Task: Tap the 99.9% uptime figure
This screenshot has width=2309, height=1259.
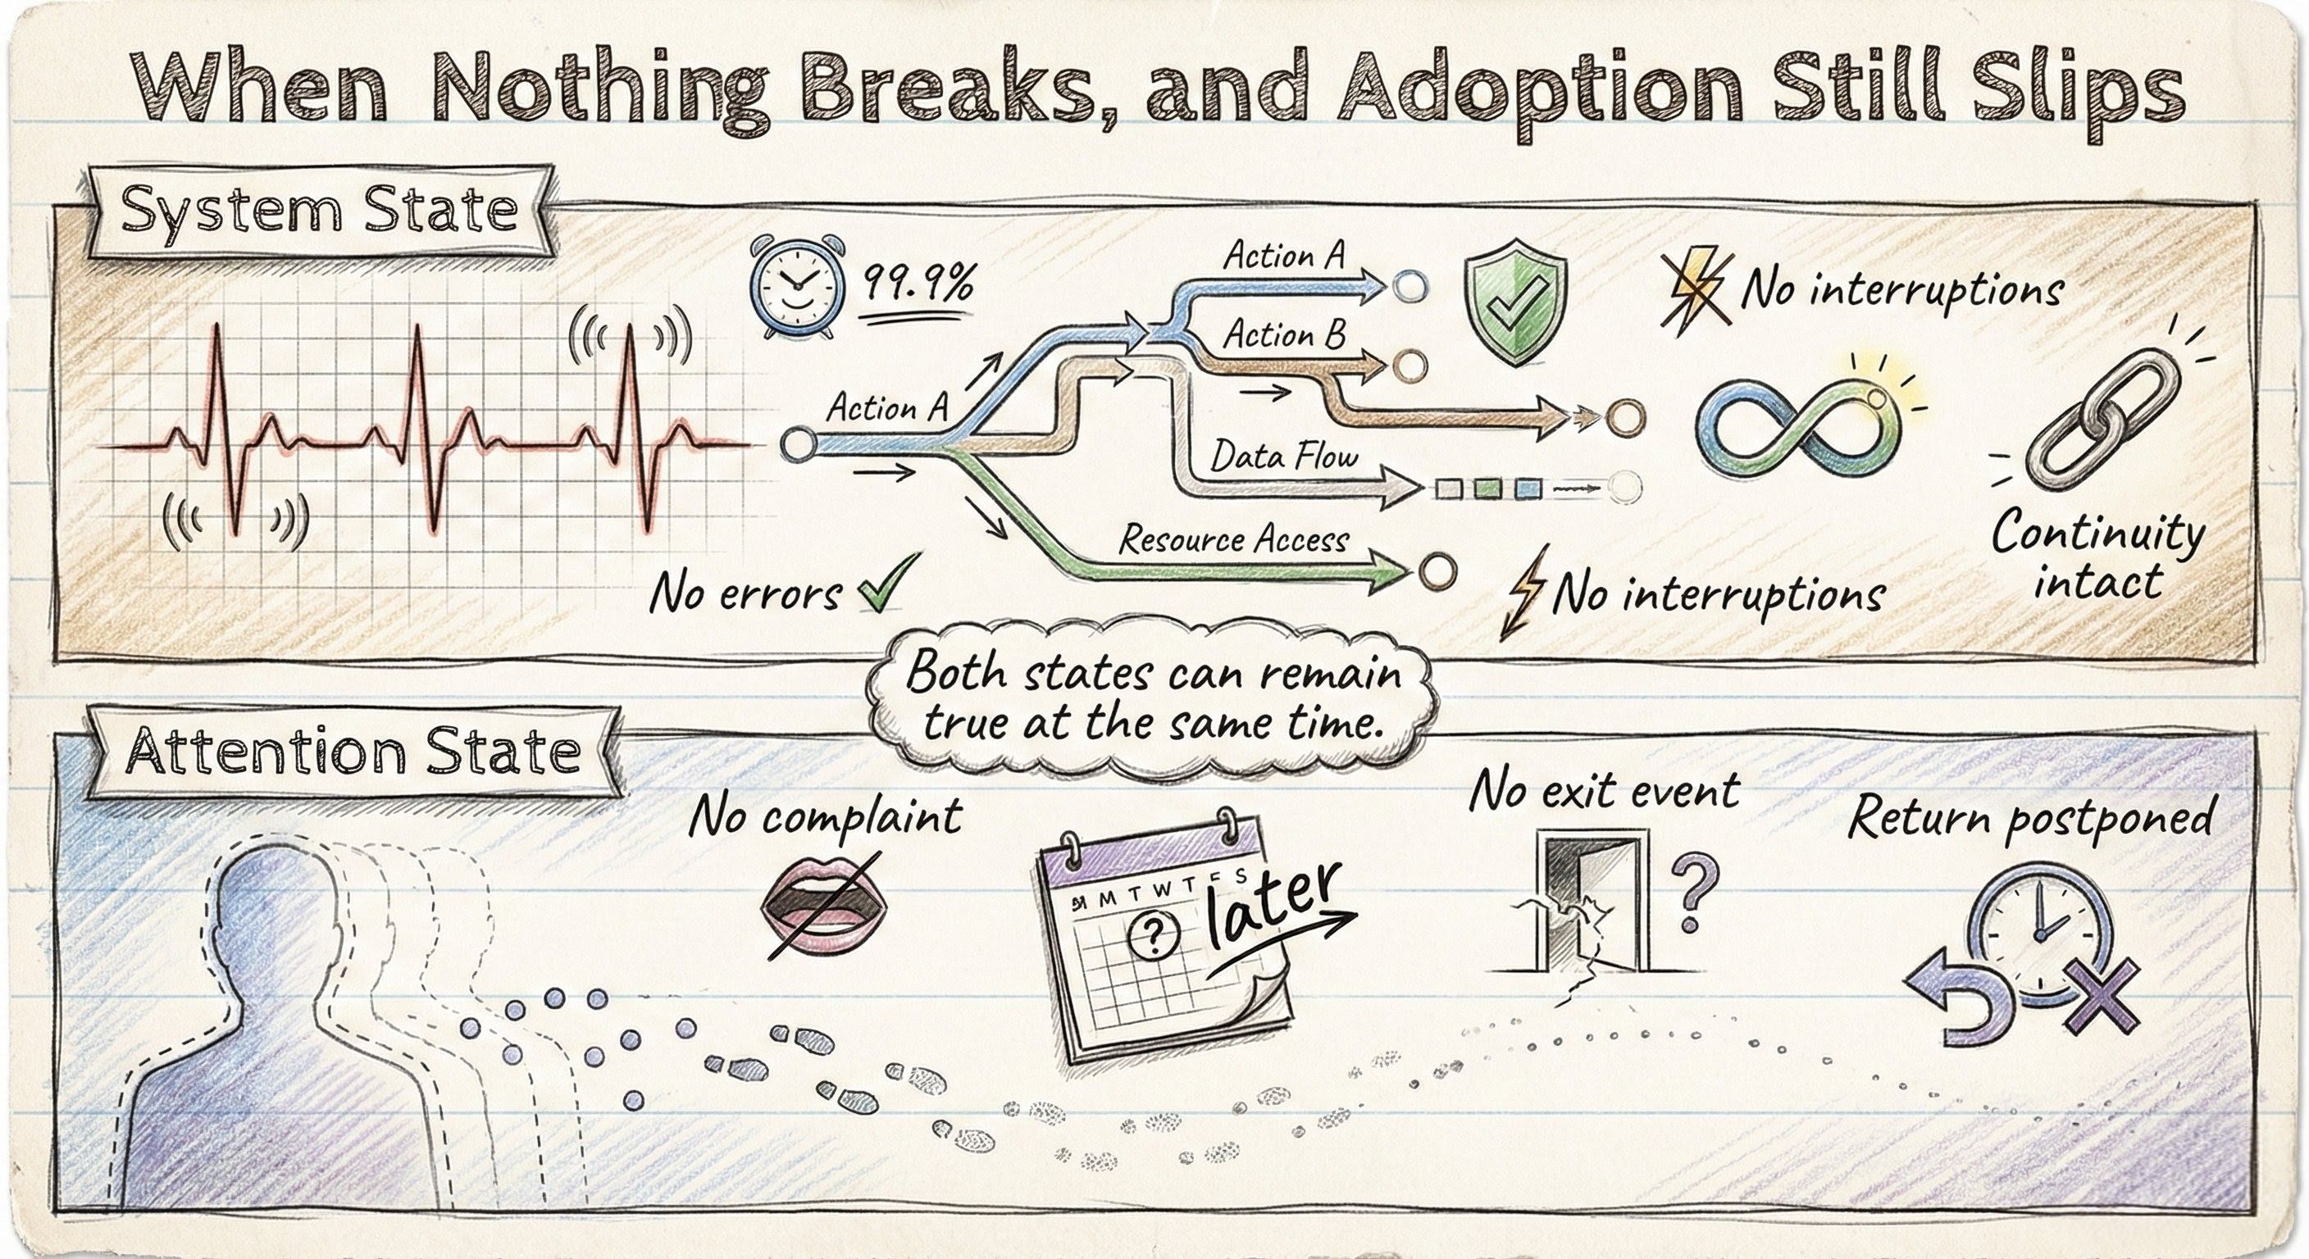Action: coord(916,285)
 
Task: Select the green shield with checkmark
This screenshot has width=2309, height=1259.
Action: coord(1516,300)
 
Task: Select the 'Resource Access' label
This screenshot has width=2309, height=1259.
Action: coord(1233,539)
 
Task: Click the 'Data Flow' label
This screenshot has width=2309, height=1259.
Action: coord(1283,457)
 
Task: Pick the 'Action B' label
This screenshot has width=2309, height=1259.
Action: coord(1283,336)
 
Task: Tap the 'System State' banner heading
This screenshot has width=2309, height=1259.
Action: coord(319,211)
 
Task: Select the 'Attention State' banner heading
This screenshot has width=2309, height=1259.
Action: coord(353,751)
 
